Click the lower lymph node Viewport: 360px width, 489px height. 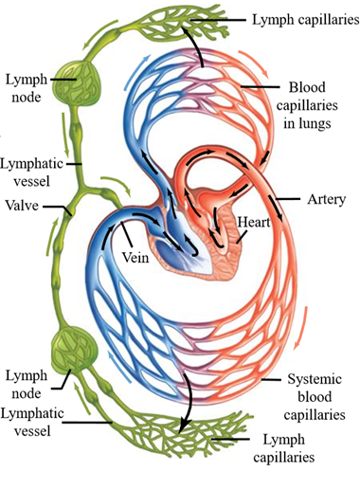tap(74, 350)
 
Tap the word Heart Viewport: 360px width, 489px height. tap(254, 222)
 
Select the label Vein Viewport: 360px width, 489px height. tap(135, 257)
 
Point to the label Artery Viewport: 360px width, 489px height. tap(327, 200)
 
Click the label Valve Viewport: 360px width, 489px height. tap(22, 206)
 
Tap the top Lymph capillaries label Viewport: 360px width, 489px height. tap(306, 20)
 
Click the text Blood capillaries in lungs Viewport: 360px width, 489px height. tap(307, 105)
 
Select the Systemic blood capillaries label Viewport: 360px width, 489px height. tap(315, 396)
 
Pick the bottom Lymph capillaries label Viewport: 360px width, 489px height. tap(284, 448)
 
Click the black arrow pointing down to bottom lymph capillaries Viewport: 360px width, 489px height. tap(187, 401)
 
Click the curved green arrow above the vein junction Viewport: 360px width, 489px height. tap(117, 183)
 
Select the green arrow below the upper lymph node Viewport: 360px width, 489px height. tap(65, 135)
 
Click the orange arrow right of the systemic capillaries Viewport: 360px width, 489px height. tap(301, 329)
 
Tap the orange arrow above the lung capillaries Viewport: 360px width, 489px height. tap(255, 63)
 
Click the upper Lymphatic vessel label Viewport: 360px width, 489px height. tap(31, 172)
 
